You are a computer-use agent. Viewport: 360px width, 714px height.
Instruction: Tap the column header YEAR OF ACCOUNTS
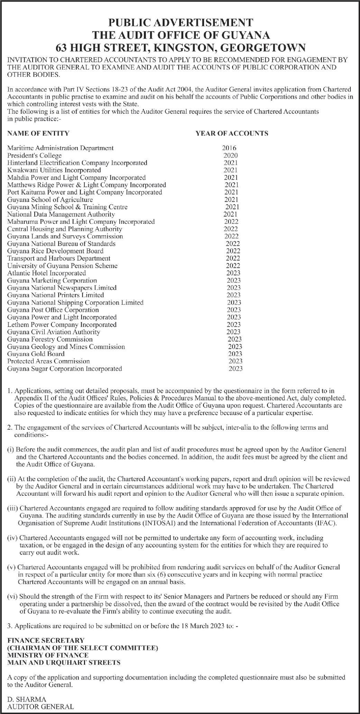pos(232,133)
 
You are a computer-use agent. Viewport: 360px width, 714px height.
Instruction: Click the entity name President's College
pos(35,155)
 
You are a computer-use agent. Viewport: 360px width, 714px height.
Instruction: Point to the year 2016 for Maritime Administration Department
pos(229,148)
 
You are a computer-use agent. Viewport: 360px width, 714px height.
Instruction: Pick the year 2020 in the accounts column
pos(230,155)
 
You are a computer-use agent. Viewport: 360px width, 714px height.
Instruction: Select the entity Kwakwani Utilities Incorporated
pos(54,170)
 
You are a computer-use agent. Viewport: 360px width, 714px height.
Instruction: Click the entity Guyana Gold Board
pos(36,354)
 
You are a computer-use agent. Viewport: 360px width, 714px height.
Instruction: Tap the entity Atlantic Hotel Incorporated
pos(47,273)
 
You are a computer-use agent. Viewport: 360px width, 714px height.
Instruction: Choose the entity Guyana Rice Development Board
pos(55,251)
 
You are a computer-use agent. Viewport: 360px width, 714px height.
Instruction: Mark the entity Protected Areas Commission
pos(48,361)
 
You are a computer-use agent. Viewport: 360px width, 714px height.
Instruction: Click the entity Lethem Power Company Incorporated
pos(62,324)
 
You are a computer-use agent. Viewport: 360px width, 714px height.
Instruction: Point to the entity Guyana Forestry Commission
pos(50,339)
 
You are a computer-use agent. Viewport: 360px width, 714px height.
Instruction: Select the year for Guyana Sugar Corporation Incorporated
pos(236,369)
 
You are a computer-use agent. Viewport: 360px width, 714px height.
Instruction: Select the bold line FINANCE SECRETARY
pos(46,641)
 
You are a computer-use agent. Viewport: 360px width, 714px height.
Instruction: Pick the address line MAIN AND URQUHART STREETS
pos(64,663)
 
